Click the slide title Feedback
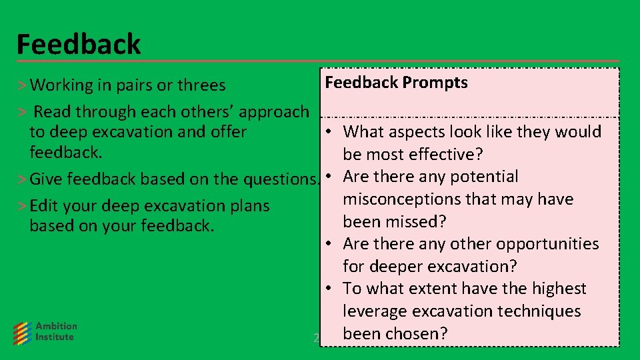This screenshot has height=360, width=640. pos(79,45)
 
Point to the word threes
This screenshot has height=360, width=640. pos(200,86)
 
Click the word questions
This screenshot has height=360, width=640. pos(280,179)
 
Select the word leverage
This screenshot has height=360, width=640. pos(375,311)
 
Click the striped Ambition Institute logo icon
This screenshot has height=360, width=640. pos(23,332)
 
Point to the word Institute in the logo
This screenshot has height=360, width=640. pos(55,337)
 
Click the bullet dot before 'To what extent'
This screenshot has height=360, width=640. pos(330,289)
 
